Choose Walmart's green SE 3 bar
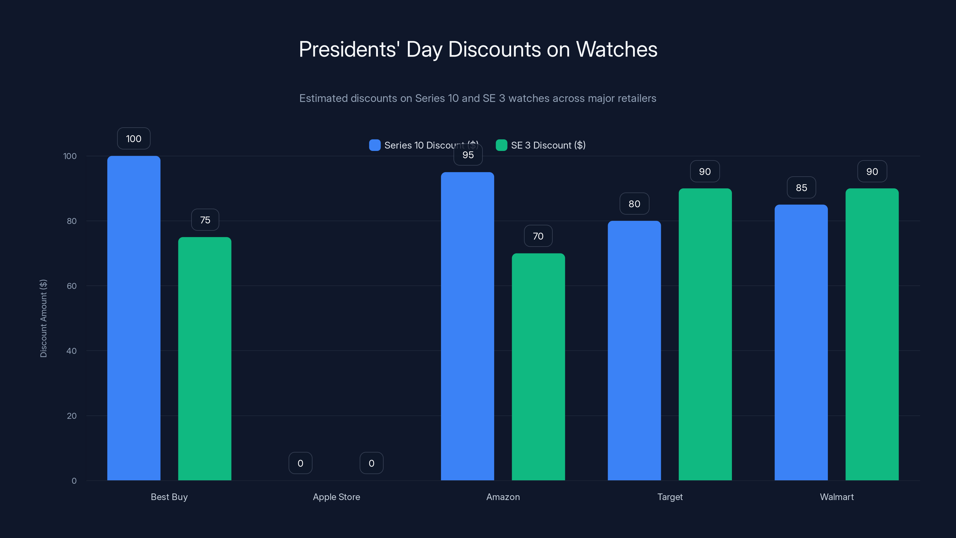(x=872, y=334)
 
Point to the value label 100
(x=134, y=138)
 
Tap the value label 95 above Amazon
(x=468, y=155)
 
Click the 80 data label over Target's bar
(x=634, y=204)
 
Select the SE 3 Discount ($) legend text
(x=548, y=145)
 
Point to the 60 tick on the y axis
(x=72, y=286)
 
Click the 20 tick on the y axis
(x=72, y=416)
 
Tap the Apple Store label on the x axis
(x=336, y=497)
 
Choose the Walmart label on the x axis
(x=836, y=497)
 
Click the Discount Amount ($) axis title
(x=43, y=318)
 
